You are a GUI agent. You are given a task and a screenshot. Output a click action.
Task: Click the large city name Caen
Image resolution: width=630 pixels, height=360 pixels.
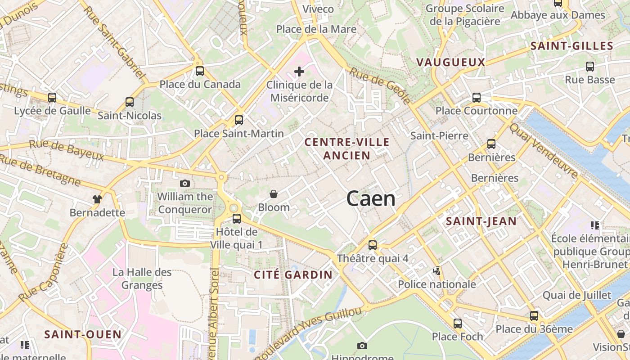coord(371,198)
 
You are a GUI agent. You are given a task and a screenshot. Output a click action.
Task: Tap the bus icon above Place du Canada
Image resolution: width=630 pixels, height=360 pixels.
coord(199,71)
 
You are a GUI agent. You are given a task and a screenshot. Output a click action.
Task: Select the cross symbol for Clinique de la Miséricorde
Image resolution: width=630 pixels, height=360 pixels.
coord(299,72)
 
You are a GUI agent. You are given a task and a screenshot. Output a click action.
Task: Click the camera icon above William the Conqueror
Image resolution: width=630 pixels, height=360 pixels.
coord(184,183)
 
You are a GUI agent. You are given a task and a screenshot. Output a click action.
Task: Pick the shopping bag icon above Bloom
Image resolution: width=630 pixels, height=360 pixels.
coord(273,194)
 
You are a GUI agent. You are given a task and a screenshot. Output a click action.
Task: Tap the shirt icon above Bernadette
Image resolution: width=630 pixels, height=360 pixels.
coord(97,199)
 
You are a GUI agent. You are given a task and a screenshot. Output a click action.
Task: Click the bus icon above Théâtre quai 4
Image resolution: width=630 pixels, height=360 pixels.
coord(373,245)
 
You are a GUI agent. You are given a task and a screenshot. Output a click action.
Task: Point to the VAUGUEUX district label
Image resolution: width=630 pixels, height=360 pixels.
coord(450,62)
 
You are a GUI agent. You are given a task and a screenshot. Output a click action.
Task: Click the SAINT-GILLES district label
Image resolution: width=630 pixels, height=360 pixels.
coord(571,46)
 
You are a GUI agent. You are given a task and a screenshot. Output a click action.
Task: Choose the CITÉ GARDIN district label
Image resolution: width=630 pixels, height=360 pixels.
coord(293,274)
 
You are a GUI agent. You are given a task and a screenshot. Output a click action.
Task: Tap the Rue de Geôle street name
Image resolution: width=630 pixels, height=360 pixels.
coord(380,85)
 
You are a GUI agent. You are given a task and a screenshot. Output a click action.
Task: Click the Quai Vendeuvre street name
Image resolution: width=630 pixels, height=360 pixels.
coord(544,150)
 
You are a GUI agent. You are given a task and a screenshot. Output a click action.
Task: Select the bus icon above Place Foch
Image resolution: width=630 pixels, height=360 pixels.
coord(457,323)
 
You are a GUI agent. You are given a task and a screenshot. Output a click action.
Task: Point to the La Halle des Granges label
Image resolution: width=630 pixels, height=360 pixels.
coord(142,279)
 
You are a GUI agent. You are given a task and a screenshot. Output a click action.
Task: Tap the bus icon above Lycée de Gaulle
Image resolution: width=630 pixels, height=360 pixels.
coord(52,97)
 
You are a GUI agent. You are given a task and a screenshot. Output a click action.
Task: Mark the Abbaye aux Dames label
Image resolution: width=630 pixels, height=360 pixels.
coord(558,15)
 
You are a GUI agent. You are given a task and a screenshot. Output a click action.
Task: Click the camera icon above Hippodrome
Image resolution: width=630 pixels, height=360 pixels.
coord(362,346)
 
